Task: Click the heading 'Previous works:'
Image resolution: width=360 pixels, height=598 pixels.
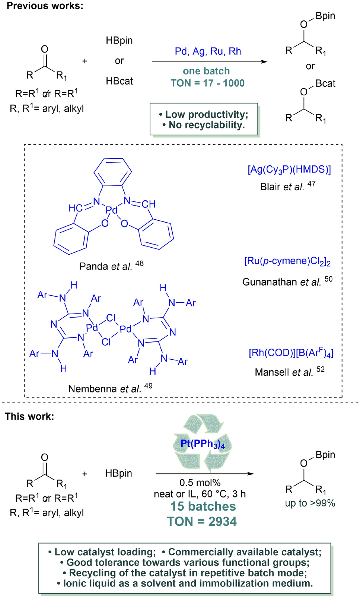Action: [x=45, y=6]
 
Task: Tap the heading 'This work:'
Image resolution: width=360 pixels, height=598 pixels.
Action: [x=29, y=416]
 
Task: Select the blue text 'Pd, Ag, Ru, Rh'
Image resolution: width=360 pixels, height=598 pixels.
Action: [x=208, y=51]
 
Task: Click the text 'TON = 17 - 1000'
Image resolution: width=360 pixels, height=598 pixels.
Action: [x=207, y=83]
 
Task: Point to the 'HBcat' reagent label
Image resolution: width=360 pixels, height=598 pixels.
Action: [x=119, y=81]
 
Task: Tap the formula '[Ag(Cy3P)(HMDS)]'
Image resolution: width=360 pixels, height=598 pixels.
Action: [x=289, y=170]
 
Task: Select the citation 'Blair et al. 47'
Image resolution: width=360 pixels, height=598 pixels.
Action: [x=287, y=186]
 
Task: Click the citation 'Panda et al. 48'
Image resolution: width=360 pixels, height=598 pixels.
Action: [x=111, y=266]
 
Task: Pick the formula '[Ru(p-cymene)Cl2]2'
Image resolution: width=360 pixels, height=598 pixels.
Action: [x=287, y=261]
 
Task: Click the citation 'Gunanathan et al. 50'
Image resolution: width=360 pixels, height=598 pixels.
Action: [x=287, y=281]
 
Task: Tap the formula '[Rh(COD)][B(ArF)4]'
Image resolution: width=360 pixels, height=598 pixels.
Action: [x=291, y=353]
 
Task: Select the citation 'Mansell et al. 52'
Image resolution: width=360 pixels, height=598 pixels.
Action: [x=289, y=372]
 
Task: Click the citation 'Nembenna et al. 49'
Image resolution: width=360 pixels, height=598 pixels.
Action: [x=110, y=388]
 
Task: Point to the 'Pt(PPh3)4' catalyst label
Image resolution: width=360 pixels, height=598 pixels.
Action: [x=203, y=443]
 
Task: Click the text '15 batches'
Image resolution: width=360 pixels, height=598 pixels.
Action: [x=203, y=506]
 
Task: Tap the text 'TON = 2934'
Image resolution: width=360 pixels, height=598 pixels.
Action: [x=201, y=521]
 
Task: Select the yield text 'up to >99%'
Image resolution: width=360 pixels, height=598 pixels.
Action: [x=310, y=503]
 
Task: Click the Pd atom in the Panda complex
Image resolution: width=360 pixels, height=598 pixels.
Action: [x=111, y=210]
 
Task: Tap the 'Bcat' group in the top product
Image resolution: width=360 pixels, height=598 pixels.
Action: [x=325, y=83]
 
